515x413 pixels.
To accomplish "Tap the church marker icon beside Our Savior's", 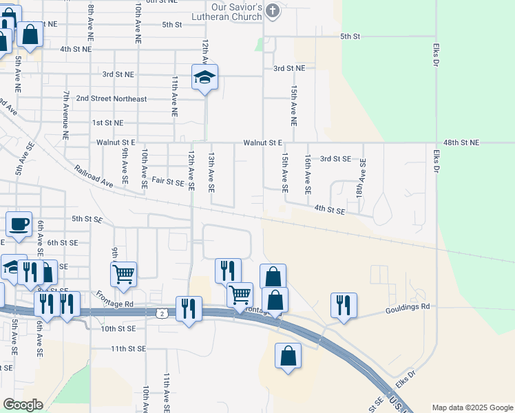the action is (x=273, y=10).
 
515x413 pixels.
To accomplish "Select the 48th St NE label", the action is (x=461, y=142).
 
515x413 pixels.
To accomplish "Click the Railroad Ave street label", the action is (x=94, y=176).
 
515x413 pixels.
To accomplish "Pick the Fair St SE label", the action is (x=168, y=182).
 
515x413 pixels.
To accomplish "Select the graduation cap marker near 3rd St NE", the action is (x=204, y=77).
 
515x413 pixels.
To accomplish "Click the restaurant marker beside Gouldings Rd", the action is (x=343, y=305).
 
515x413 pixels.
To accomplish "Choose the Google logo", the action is (x=22, y=405).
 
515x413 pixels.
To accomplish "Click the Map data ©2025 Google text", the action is (x=472, y=407).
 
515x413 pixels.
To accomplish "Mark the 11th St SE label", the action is (x=129, y=349).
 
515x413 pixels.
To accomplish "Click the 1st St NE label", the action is (x=107, y=123).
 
